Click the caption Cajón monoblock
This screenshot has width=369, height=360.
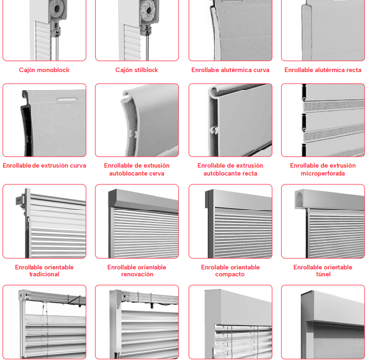tap(44, 70)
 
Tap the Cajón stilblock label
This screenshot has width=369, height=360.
tap(137, 70)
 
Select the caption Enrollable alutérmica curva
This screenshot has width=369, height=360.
tap(230, 70)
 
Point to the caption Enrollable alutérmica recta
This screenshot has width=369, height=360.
tap(323, 70)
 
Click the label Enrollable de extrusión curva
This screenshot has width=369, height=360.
tap(44, 166)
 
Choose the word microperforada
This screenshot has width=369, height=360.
tap(323, 174)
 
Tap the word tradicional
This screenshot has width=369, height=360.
tap(44, 274)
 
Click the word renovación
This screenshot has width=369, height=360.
tap(137, 274)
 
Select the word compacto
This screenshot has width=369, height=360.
tap(230, 274)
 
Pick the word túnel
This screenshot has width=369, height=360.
tap(323, 274)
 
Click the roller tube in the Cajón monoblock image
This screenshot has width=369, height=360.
tap(59, 9)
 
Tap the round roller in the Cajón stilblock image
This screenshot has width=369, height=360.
tap(149, 11)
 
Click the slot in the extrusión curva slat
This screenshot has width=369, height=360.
tap(67, 99)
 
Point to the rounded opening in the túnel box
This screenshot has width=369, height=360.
tap(300, 199)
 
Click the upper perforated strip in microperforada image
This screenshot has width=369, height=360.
tap(334, 105)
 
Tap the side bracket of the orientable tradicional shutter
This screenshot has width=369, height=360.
tap(21, 200)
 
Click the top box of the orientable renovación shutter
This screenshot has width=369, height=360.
tap(144, 200)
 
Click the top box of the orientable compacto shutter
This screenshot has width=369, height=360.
tap(238, 199)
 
